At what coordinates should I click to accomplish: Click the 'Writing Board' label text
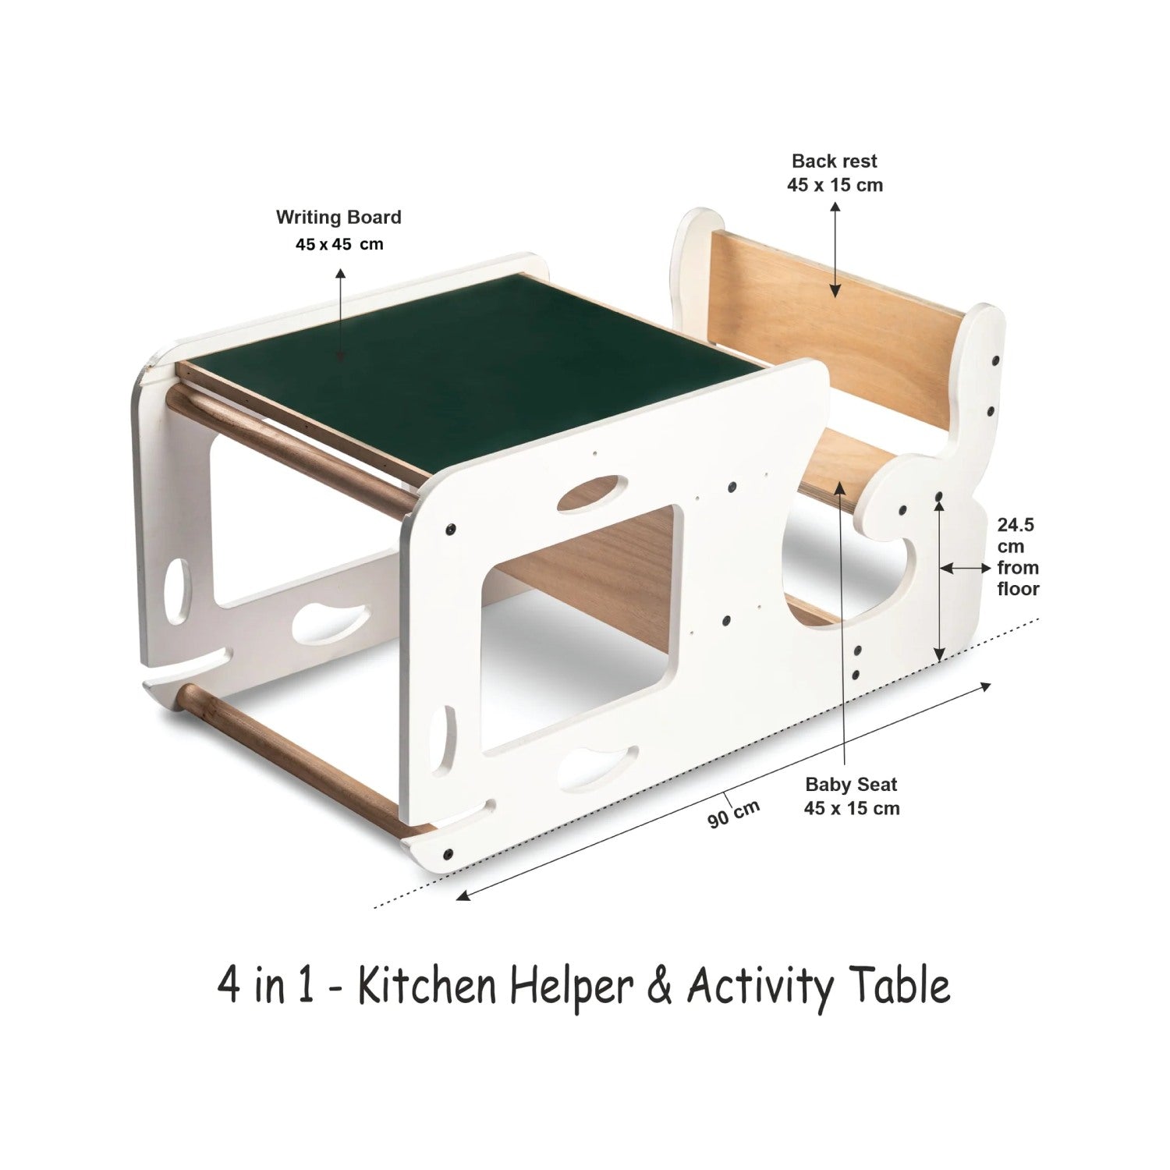click(339, 217)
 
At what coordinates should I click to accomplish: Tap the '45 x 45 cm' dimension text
click(339, 244)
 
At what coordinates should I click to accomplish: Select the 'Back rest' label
click(835, 161)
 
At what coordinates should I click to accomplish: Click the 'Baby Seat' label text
click(852, 784)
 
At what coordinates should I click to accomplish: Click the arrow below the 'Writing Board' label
click(340, 314)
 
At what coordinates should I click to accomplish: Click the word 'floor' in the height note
click(1018, 589)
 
